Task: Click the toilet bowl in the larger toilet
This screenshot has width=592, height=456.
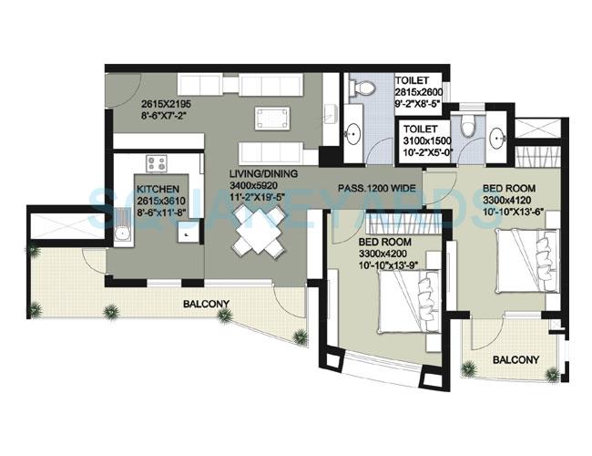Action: pos(363,87)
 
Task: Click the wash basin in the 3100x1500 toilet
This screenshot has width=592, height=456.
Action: pos(496,138)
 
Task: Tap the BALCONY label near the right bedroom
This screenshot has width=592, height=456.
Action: pos(515,359)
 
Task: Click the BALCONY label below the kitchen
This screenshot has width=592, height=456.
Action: pos(206,305)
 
